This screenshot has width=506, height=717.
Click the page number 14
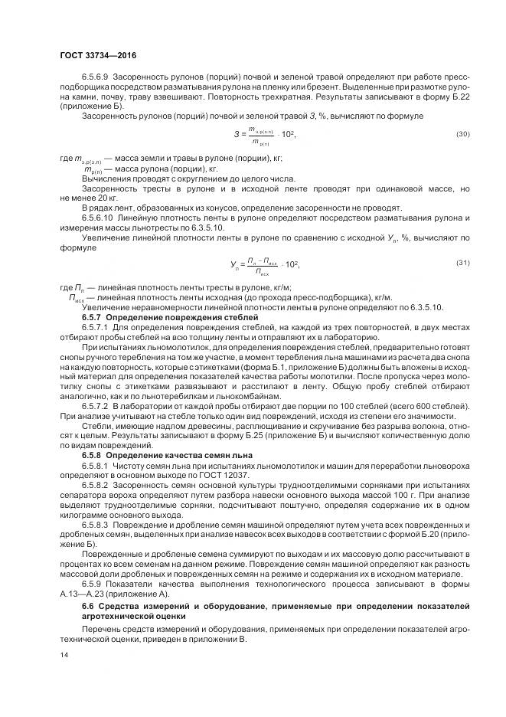tap(63, 655)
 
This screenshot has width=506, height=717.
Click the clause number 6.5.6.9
tap(96, 77)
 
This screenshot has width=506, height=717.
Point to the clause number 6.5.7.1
tap(96, 326)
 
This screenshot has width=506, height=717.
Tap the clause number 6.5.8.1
tap(96, 465)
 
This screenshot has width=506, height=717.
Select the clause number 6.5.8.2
tap(96, 485)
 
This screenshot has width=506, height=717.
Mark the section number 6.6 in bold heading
tap(87, 607)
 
